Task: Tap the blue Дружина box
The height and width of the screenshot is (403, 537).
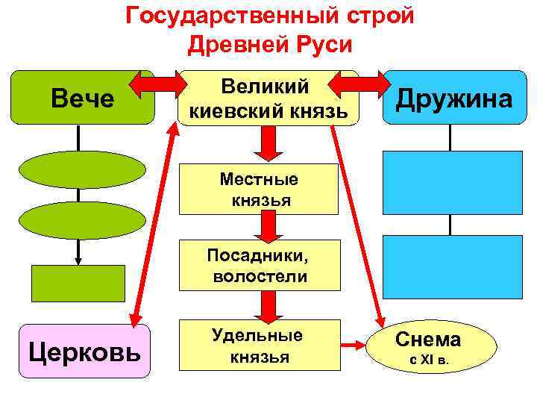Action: [x=454, y=98]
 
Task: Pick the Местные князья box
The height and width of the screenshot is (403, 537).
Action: [x=260, y=190]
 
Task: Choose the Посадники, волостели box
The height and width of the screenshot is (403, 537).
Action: [x=260, y=266]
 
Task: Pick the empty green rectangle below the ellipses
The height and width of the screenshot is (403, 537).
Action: [x=78, y=283]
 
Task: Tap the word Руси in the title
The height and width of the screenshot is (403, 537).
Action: [x=321, y=44]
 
